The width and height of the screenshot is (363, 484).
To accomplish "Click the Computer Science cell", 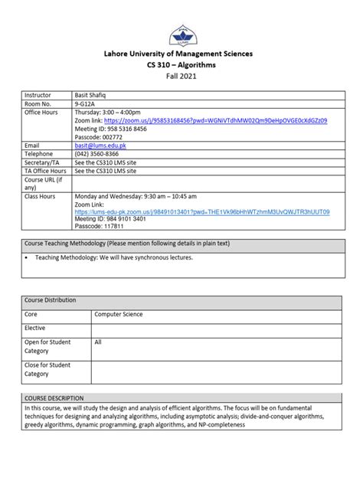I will pos(118,314).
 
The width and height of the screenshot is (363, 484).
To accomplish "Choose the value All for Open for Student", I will pos(98,342).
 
